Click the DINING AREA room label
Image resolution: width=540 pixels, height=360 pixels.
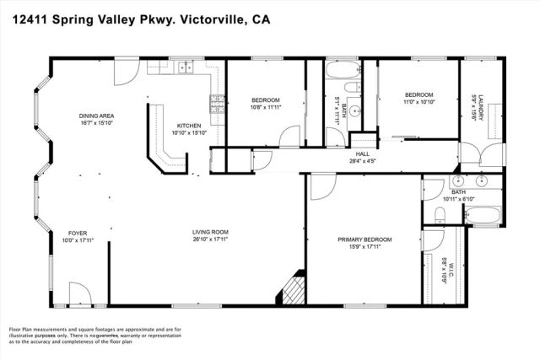coord(97,116)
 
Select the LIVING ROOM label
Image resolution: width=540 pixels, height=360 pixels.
coord(208,232)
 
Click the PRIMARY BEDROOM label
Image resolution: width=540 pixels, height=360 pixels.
coord(364,239)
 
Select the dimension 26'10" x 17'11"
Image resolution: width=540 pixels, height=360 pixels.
coord(208,239)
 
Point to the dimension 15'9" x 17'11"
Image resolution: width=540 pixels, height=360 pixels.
coord(364,247)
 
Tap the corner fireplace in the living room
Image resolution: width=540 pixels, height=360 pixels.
coord(292,289)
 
